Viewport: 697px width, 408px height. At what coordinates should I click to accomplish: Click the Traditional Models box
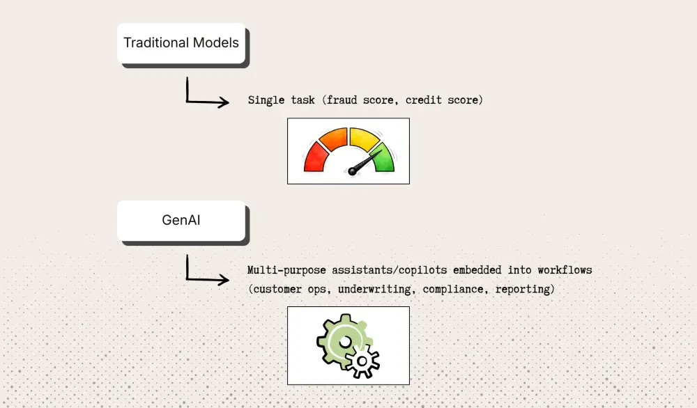[181, 42]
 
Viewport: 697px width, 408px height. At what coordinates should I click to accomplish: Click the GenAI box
[181, 221]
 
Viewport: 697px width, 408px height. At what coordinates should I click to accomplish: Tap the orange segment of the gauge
[335, 138]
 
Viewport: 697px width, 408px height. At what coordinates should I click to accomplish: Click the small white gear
[364, 361]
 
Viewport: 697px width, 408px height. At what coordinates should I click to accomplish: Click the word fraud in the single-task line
[341, 100]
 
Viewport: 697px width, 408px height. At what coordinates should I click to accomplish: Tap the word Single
[266, 100]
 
